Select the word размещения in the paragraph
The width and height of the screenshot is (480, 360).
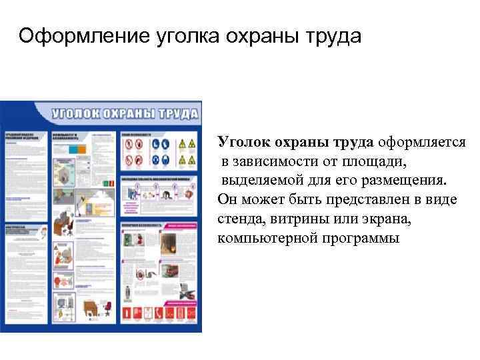point(401,180)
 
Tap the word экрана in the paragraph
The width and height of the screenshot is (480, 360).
point(386,218)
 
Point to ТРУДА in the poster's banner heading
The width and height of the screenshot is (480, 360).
point(177,111)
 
